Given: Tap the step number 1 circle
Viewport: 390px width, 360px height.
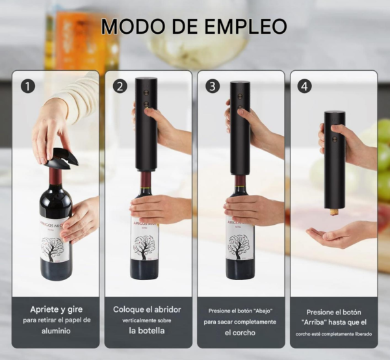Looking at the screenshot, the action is pyautogui.click(x=28, y=86).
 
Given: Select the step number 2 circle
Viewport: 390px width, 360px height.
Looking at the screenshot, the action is pyautogui.click(x=120, y=86).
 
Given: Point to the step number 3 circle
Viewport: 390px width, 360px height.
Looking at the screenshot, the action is pyautogui.click(x=213, y=86).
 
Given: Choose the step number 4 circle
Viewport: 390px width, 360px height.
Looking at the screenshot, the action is pyautogui.click(x=305, y=86).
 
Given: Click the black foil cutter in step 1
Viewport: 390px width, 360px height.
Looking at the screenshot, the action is pyautogui.click(x=62, y=158).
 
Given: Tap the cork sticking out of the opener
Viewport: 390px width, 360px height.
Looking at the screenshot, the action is pyautogui.click(x=334, y=212).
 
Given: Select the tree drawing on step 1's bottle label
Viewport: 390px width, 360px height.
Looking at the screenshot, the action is pyautogui.click(x=53, y=249).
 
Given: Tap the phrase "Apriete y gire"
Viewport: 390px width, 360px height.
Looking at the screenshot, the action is pyautogui.click(x=56, y=309).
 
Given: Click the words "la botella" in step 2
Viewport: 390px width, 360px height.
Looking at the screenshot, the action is pyautogui.click(x=147, y=330).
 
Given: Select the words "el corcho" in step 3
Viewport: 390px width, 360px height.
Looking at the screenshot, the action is pyautogui.click(x=240, y=333).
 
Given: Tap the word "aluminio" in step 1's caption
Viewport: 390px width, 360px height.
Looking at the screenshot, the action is pyautogui.click(x=56, y=331).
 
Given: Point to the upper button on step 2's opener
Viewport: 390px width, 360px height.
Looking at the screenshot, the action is pyautogui.click(x=146, y=93).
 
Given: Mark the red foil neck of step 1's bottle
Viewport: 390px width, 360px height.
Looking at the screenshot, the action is pyautogui.click(x=55, y=176).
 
